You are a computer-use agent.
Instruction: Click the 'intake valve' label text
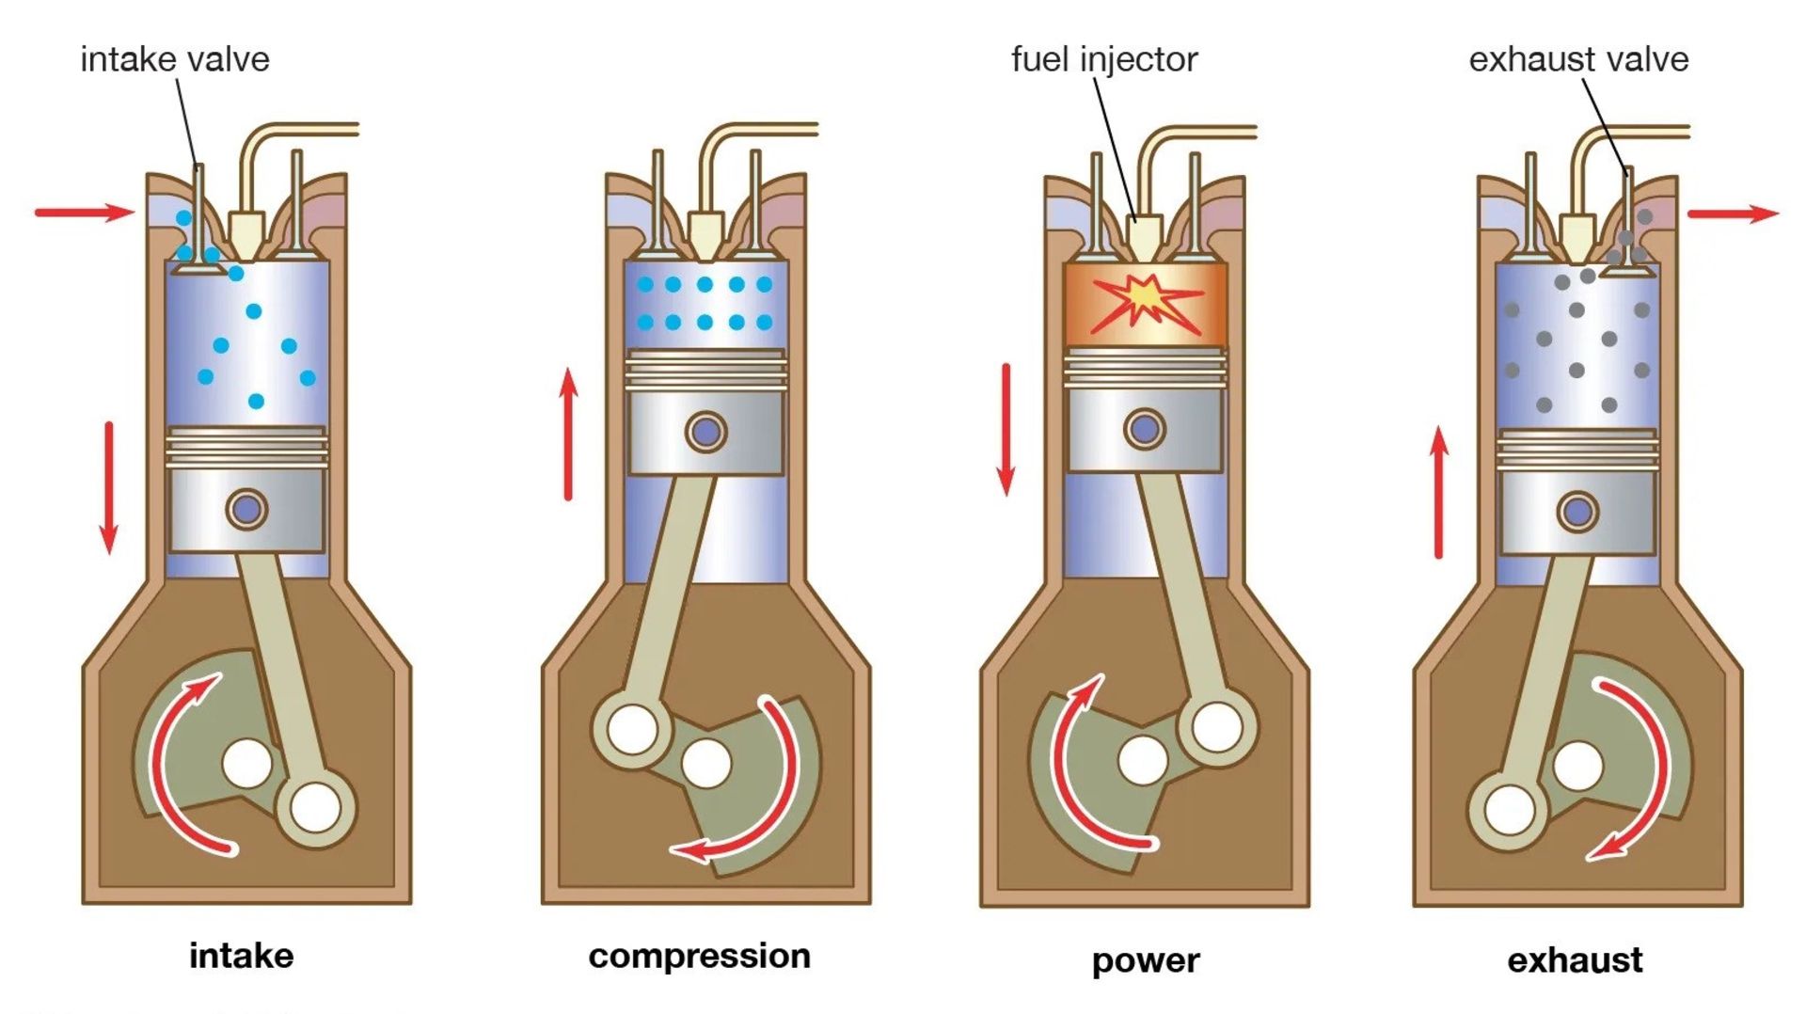tap(175, 59)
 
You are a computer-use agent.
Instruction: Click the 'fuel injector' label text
tap(1103, 59)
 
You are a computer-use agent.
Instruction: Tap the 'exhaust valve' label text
tap(1578, 59)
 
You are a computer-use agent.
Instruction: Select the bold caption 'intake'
tap(242, 956)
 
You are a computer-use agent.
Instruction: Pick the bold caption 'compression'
tap(699, 956)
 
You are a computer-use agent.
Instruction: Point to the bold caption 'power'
tap(1146, 960)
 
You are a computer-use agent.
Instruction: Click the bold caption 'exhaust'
tap(1575, 960)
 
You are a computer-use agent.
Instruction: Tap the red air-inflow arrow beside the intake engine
tap(85, 213)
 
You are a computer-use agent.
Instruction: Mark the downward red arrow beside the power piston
tap(1006, 429)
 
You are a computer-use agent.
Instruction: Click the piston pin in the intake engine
tap(246, 509)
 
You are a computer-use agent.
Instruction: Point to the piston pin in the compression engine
tap(705, 432)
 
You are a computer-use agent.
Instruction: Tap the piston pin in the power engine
tap(1144, 429)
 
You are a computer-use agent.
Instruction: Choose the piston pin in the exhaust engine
tap(1577, 512)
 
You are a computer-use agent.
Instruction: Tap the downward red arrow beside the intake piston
tap(109, 487)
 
